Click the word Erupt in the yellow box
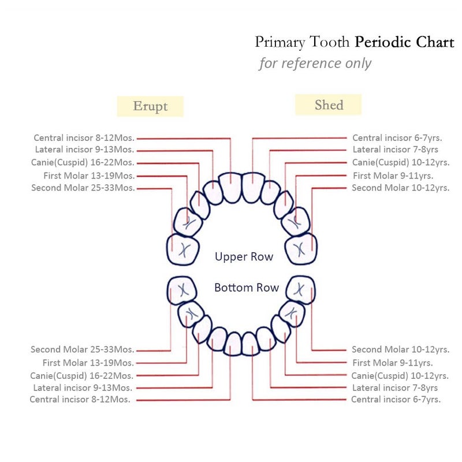[x=150, y=106]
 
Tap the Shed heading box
[x=328, y=105]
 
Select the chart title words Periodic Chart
[x=404, y=42]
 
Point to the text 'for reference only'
[x=315, y=63]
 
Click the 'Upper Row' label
[x=244, y=256]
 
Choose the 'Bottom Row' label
[x=247, y=288]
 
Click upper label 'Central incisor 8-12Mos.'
[x=84, y=138]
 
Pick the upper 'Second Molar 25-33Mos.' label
[x=83, y=188]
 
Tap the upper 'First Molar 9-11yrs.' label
[x=393, y=176]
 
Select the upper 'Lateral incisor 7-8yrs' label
[x=396, y=150]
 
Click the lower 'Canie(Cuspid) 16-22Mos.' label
[x=81, y=376]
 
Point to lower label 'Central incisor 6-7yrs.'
[x=396, y=400]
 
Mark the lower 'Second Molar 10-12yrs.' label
[x=400, y=349]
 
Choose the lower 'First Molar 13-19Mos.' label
[x=88, y=363]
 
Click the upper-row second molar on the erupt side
[x=182, y=249]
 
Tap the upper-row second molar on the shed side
[x=301, y=249]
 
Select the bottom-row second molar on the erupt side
[x=182, y=290]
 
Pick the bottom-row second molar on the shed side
[x=300, y=290]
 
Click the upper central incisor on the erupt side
[x=230, y=188]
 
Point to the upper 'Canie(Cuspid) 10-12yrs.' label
[x=401, y=163]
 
